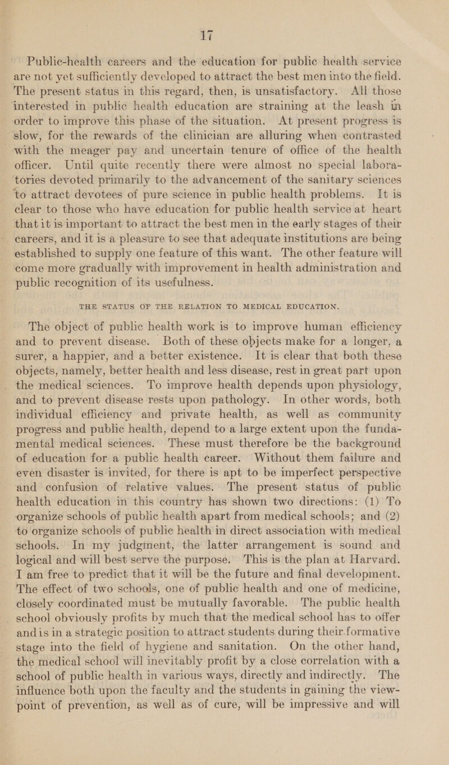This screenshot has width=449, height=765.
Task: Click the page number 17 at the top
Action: click(226, 11)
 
